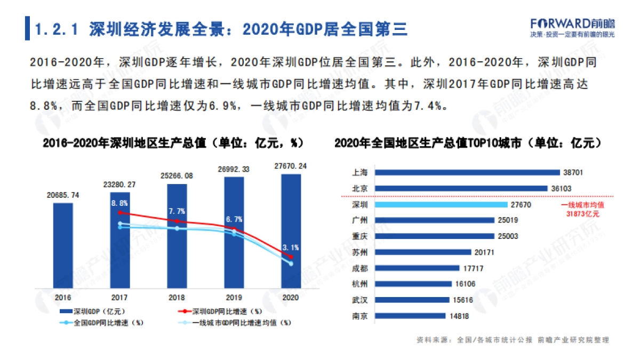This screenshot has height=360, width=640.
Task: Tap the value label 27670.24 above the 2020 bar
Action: pos(291,166)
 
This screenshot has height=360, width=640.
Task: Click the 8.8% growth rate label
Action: pos(119,203)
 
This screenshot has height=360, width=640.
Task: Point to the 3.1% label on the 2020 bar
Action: pos(291,247)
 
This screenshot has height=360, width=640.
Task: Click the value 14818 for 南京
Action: pos(459,316)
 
